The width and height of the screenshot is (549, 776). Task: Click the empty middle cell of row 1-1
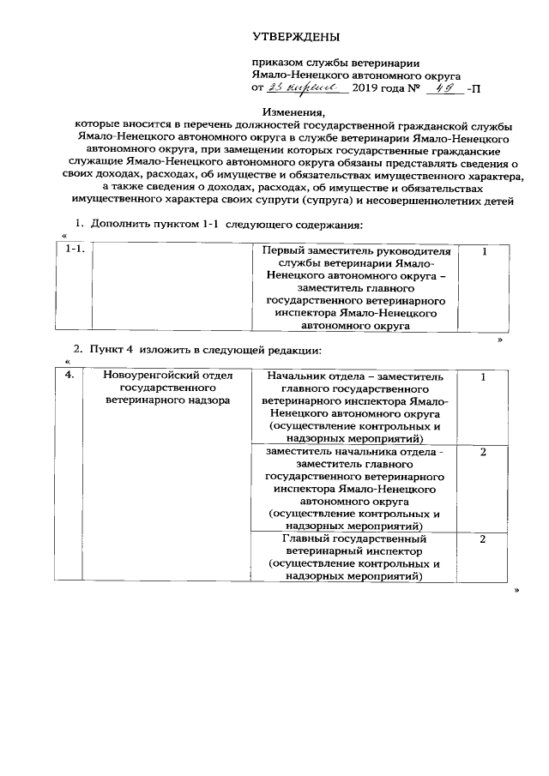172,287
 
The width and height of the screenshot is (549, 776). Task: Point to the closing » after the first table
500,340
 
